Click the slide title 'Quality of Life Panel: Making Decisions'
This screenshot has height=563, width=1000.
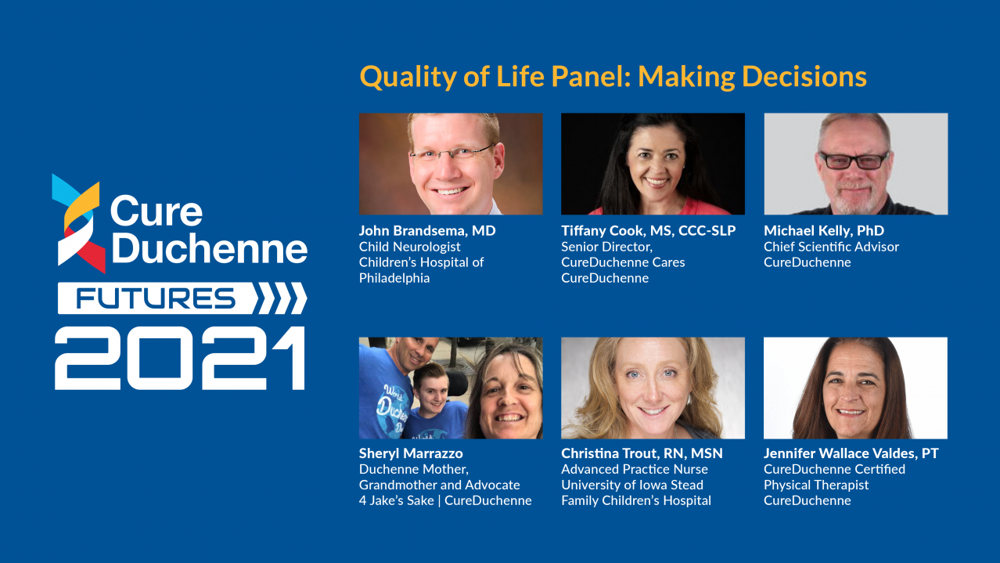tap(613, 77)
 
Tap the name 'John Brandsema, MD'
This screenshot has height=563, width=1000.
tap(427, 230)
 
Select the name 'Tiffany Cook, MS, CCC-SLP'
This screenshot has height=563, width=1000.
tap(648, 230)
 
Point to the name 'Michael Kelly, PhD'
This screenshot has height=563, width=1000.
tap(824, 230)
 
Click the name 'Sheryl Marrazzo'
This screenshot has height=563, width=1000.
tap(411, 453)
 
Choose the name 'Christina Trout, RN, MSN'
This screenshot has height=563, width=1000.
tap(642, 453)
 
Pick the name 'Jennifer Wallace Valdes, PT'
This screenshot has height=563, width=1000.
tap(851, 453)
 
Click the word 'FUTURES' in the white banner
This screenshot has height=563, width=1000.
tap(156, 298)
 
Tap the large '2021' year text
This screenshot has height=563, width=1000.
tap(180, 358)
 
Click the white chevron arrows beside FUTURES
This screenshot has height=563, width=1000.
tap(280, 298)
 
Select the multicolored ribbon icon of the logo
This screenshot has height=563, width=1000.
tap(79, 223)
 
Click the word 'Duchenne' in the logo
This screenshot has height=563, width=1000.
tap(210, 248)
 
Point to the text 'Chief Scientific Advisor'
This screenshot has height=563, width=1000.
tap(831, 247)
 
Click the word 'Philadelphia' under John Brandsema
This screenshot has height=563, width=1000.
tap(394, 279)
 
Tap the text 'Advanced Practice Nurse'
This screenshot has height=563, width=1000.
tap(635, 469)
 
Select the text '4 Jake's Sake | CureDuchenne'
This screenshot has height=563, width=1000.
tap(445, 500)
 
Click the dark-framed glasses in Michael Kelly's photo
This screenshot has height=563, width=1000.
tap(853, 161)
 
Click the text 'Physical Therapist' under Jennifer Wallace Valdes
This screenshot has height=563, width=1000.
tap(816, 485)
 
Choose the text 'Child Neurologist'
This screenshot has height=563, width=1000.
tap(409, 247)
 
